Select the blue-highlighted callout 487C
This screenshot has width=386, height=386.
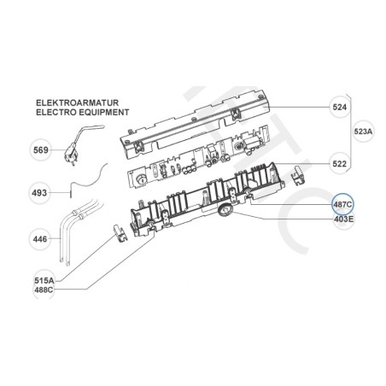(342, 205)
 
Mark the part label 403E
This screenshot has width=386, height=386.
(342, 219)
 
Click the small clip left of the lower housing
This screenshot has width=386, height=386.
(118, 230)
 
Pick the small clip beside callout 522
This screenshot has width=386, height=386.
(299, 174)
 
